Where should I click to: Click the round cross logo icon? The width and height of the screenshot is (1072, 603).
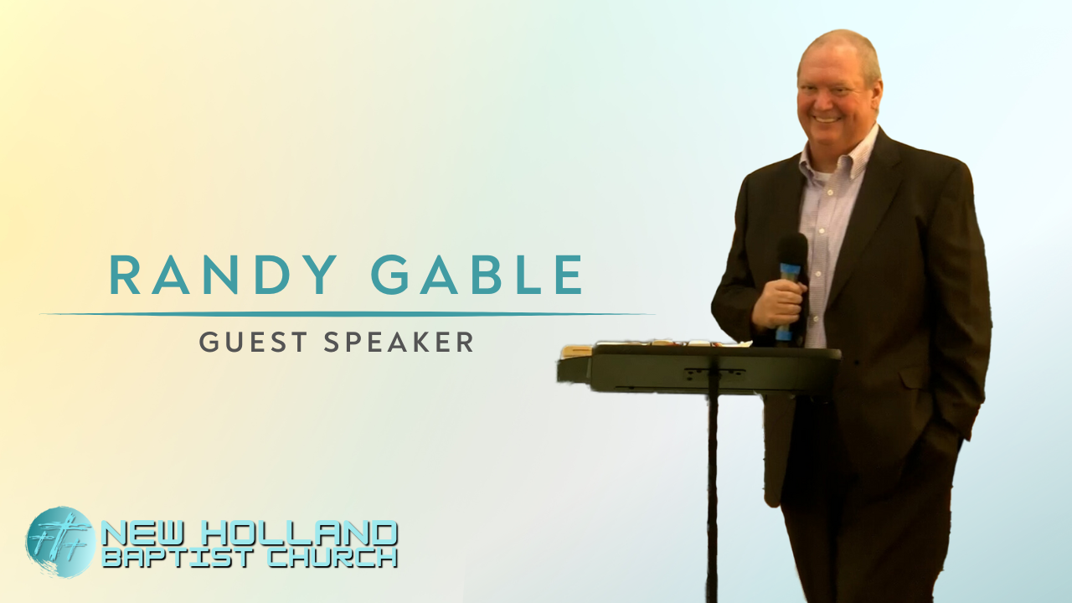59,542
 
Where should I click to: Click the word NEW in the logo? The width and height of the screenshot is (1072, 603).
139,533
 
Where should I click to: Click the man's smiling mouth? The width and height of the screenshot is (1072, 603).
827,118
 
